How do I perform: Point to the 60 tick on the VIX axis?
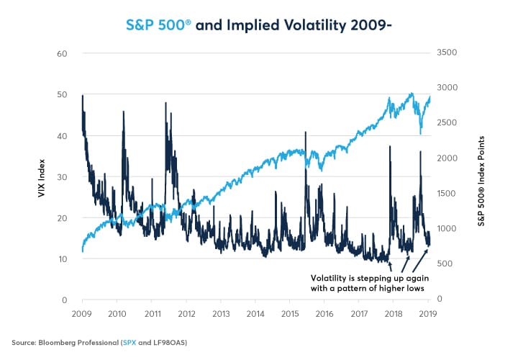tap(63, 53)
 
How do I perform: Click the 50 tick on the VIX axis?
tap(63, 94)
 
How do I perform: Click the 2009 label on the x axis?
tap(83, 314)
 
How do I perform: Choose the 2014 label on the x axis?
tap(255, 314)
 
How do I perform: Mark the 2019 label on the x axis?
tap(428, 314)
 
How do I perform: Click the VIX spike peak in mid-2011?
tap(166, 103)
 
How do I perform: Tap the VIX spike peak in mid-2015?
tap(306, 132)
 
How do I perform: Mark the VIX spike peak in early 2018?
tap(389, 146)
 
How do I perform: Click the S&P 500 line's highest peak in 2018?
tap(412, 94)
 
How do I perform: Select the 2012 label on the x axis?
tap(186, 314)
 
